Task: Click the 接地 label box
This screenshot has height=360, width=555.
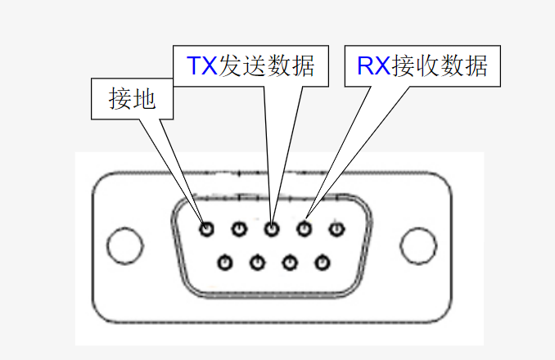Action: pos(132,99)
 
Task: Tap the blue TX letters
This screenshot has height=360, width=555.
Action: pos(202,65)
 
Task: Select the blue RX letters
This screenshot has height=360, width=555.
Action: pos(374,65)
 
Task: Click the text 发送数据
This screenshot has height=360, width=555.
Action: pos(267,65)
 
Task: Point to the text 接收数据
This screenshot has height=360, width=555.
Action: pos(440,65)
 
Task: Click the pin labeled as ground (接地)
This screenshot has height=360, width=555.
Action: pos(207,229)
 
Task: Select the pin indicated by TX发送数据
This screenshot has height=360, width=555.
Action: pos(272,229)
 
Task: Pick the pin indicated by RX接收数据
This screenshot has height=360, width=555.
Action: pos(305,229)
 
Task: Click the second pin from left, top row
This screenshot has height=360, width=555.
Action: pos(239,229)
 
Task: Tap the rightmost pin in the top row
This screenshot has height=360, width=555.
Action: pos(336,229)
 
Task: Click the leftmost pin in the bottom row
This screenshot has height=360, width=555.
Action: pos(225,263)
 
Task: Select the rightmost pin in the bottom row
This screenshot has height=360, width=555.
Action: pos(322,263)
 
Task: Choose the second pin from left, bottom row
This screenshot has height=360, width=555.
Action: pos(257,263)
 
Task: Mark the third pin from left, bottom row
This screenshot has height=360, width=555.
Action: pos(289,263)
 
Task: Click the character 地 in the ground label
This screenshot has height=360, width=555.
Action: pos(143,99)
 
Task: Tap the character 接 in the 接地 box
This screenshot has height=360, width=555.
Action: pos(120,99)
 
